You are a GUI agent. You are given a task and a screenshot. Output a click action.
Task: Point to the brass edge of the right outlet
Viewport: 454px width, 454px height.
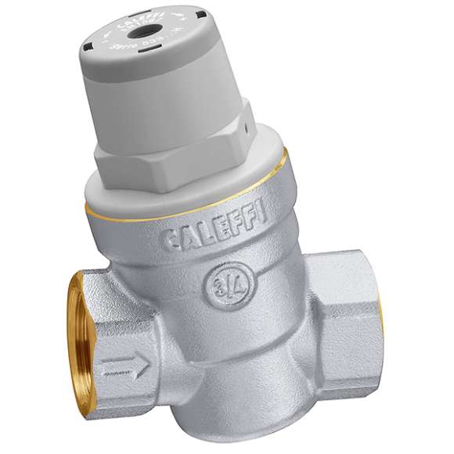point(381,313)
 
